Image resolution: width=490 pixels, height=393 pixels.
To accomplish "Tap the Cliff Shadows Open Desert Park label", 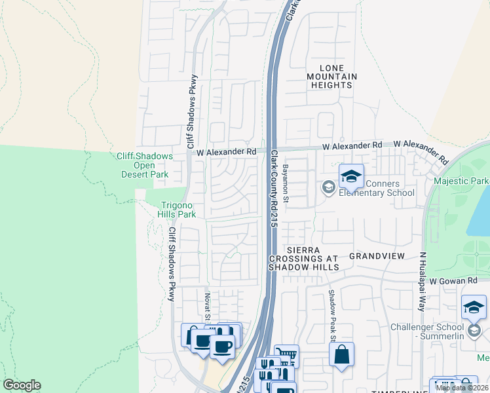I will (145, 165).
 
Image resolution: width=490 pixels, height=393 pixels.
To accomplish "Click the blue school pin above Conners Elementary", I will (351, 176).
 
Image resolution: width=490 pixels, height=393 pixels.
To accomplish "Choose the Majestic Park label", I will (461, 180).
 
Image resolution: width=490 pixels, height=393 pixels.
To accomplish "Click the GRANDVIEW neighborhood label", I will (377, 255).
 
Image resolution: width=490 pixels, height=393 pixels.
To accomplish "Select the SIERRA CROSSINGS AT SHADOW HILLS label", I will (304, 259).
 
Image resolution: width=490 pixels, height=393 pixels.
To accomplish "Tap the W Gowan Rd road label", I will (455, 280).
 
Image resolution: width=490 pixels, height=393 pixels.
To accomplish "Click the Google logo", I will (22, 385).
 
